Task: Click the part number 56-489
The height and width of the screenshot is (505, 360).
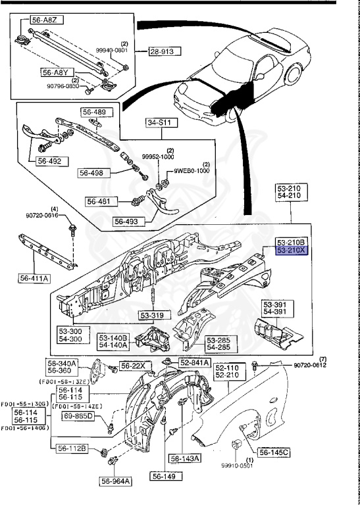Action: [95, 112]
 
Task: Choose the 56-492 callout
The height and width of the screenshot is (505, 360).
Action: [50, 160]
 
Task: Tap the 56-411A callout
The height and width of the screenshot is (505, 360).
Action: [34, 278]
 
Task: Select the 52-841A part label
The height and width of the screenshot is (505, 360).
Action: [194, 362]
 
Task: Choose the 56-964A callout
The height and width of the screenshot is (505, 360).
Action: [116, 481]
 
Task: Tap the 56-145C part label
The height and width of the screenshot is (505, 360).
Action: [274, 452]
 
